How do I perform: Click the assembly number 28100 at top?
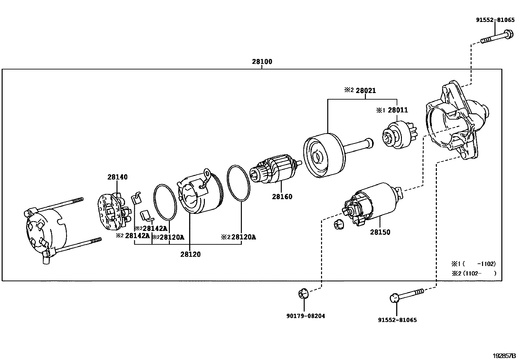click(262, 62)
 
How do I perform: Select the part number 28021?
click(366, 91)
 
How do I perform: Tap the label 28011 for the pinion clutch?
click(398, 110)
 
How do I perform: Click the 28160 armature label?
click(282, 197)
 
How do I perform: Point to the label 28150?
click(380, 232)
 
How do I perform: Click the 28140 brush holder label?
click(117, 177)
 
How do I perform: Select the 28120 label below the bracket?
click(190, 254)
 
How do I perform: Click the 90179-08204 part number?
click(306, 316)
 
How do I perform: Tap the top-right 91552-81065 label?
click(495, 20)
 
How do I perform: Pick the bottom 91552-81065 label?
click(397, 320)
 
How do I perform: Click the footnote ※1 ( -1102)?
click(474, 264)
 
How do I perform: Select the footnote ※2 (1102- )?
click(474, 273)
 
